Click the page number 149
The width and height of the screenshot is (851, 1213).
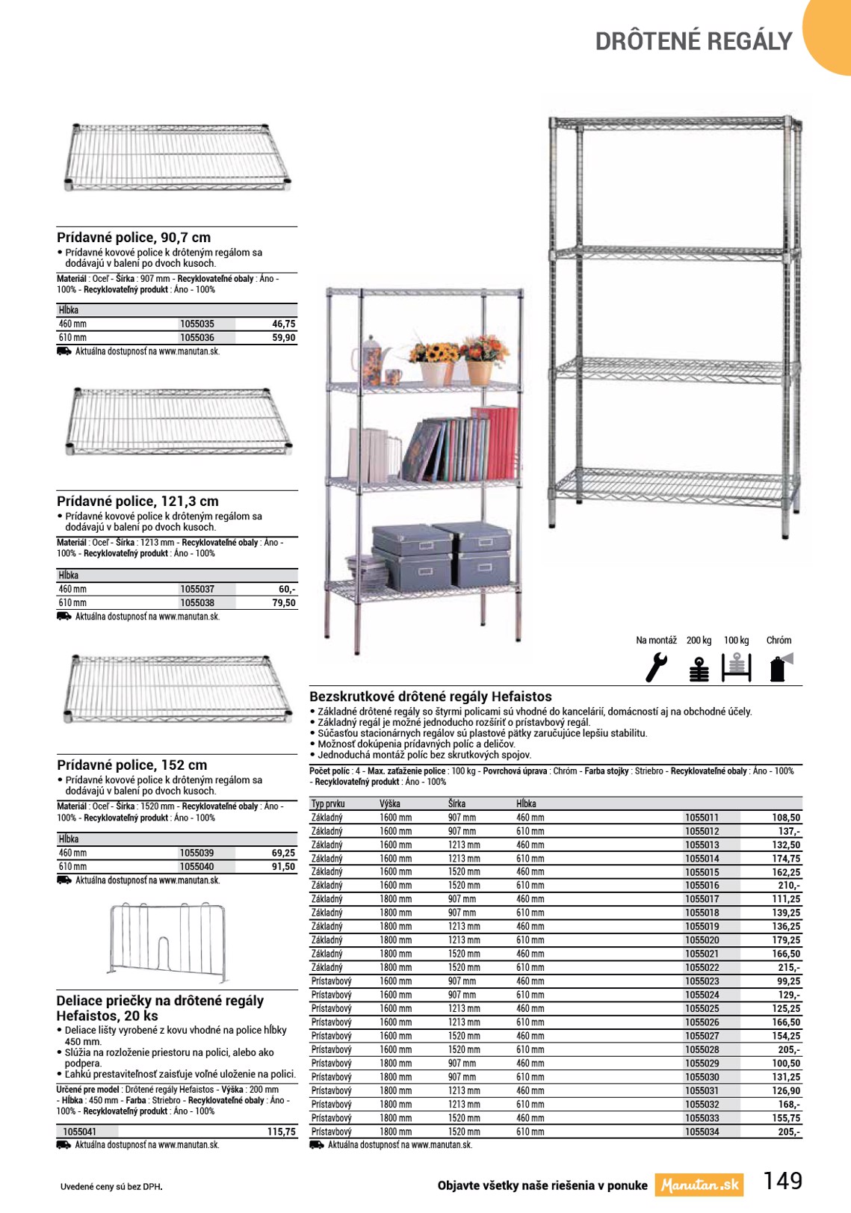coord(782,1181)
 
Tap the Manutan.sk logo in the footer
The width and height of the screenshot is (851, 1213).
coord(699,1185)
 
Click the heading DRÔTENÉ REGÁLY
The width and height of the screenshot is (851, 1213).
coord(693,41)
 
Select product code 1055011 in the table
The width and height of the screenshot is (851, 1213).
coord(702,818)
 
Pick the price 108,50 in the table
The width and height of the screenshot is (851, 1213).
coord(786,818)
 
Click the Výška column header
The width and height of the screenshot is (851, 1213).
coord(390,803)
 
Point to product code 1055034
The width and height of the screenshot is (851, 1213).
coord(702,1132)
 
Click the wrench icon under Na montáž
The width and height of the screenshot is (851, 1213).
coord(656,667)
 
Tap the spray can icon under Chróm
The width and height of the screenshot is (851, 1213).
coord(779,667)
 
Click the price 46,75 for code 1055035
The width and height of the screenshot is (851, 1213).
coord(283,324)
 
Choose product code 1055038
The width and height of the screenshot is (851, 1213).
coord(197,602)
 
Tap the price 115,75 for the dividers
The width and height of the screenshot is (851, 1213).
coord(281,1132)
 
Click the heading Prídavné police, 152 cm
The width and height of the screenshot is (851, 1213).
coord(131,765)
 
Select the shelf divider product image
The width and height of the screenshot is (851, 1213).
coord(168,942)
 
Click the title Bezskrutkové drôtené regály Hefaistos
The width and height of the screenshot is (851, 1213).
coord(430,697)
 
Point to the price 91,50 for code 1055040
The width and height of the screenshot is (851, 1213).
coord(283,866)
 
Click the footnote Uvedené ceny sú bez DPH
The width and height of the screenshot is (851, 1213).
coord(111,1186)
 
